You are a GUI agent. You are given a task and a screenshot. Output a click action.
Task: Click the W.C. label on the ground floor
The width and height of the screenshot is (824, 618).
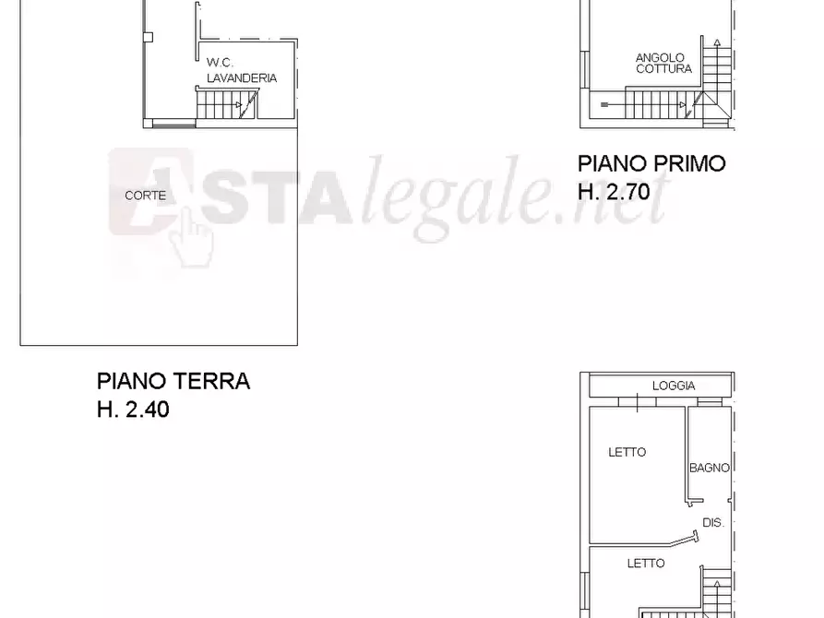[x=219, y=62]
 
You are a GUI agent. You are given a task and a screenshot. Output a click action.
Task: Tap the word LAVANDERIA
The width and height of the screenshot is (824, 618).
[x=242, y=78]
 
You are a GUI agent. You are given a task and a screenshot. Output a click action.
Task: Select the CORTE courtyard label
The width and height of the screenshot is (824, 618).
[x=146, y=196]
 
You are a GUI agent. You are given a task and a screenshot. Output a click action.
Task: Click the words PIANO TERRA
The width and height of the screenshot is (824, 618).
[x=173, y=381]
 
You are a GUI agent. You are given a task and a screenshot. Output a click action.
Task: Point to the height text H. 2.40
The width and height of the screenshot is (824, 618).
[x=133, y=410]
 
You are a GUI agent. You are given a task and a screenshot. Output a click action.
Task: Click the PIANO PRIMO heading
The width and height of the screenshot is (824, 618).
[x=651, y=164]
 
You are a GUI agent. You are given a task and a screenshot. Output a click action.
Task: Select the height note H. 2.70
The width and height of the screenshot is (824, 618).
[x=614, y=192]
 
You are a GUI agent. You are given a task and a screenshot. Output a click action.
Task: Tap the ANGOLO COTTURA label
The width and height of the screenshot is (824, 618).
[x=661, y=63]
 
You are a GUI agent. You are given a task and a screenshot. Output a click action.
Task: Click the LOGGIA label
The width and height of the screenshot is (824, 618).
[x=674, y=386]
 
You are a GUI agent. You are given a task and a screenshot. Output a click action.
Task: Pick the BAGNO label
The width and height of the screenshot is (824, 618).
[x=710, y=468]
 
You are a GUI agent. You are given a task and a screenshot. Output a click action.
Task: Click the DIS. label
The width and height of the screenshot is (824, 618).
[x=713, y=522]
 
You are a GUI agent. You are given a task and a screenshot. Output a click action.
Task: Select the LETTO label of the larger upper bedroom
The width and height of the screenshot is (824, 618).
[x=627, y=452]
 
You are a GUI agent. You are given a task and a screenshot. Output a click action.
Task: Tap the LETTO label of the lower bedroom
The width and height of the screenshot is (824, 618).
[x=646, y=563]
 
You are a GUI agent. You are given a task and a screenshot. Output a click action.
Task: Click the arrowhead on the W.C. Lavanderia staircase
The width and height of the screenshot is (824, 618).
[x=241, y=105]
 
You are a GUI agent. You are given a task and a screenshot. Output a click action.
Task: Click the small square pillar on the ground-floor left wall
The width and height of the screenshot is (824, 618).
[x=148, y=37]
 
